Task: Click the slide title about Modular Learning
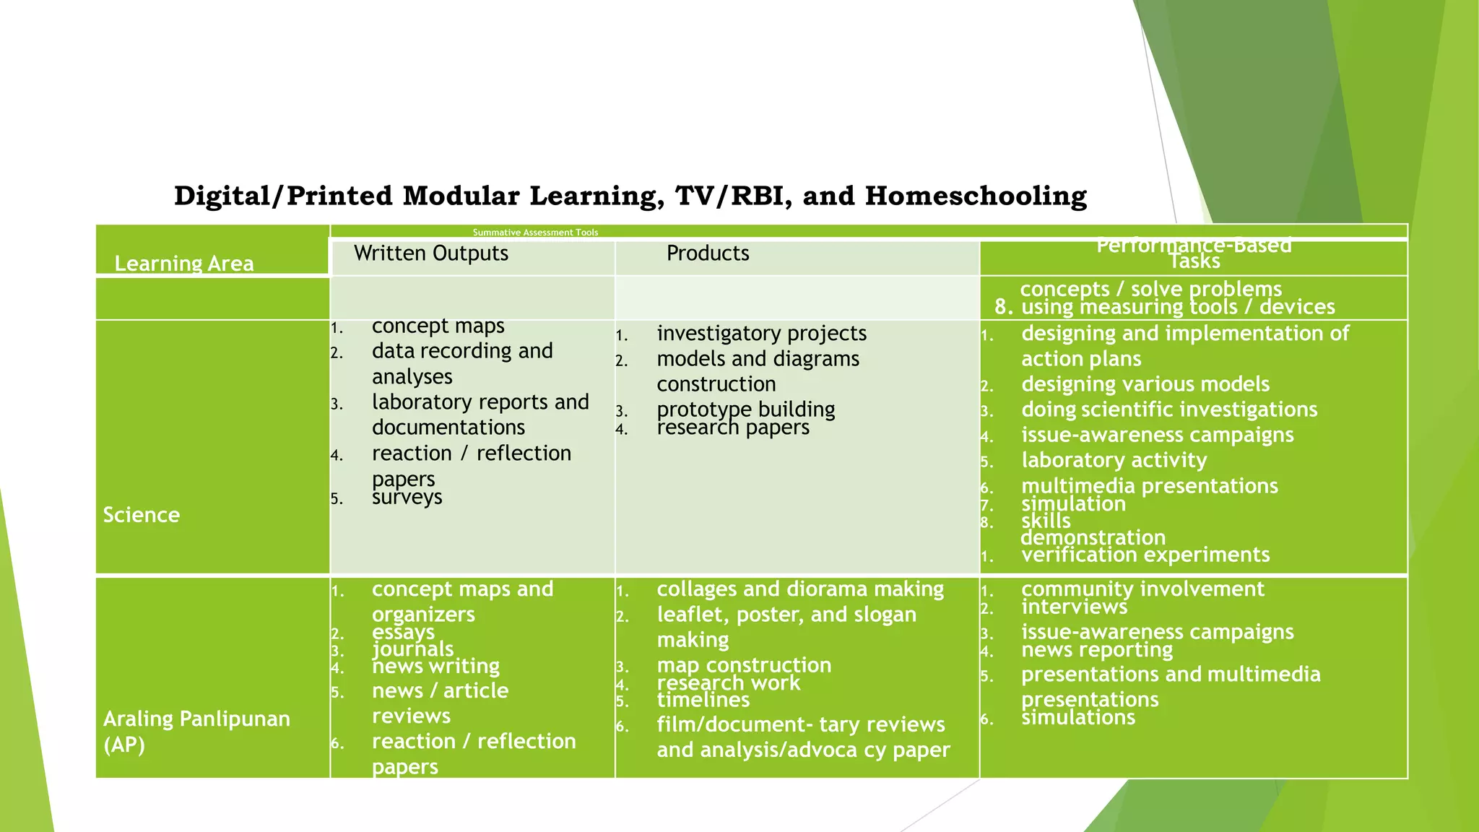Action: point(630,196)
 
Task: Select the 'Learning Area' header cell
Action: point(184,263)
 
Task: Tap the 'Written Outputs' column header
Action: point(431,253)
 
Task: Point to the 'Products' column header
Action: point(708,253)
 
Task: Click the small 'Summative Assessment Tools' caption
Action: point(535,233)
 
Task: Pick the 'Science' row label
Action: point(142,515)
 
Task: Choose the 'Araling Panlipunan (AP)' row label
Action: point(196,731)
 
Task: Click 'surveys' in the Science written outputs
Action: point(407,497)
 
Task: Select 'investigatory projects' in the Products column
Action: point(761,333)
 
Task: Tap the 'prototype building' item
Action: point(745,409)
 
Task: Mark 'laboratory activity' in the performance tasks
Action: point(1114,460)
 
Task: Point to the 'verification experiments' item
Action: point(1145,555)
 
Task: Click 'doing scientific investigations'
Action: point(1169,409)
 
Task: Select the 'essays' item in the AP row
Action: point(403,632)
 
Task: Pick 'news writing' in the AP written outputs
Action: point(435,666)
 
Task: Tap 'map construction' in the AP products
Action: point(744,665)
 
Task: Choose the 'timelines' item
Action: point(703,700)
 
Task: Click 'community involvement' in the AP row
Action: point(1142,589)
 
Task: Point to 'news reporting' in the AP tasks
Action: point(1096,650)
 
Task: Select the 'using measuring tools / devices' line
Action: point(1177,307)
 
